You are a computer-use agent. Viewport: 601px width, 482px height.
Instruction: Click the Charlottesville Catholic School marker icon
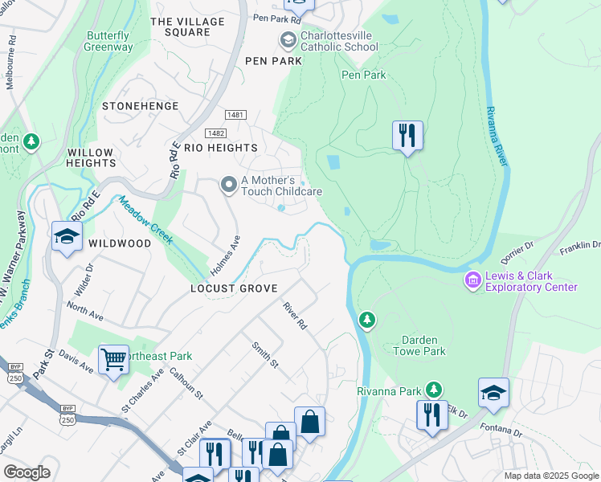(288, 39)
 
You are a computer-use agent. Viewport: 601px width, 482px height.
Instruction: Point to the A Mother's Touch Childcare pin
(229, 186)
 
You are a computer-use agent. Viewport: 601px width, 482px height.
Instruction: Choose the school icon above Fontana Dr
(493, 393)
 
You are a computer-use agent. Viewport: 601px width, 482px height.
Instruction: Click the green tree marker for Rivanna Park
(434, 390)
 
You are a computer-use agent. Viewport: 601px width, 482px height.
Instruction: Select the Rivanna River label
(497, 137)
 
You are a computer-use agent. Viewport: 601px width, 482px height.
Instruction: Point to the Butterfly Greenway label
(108, 41)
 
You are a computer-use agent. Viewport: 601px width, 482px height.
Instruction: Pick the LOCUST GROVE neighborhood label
(234, 288)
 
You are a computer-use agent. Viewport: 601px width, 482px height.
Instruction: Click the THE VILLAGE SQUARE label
(181, 27)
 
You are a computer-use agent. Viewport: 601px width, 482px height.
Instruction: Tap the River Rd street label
(295, 316)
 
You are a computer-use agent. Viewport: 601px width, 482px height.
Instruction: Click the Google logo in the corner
(27, 472)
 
